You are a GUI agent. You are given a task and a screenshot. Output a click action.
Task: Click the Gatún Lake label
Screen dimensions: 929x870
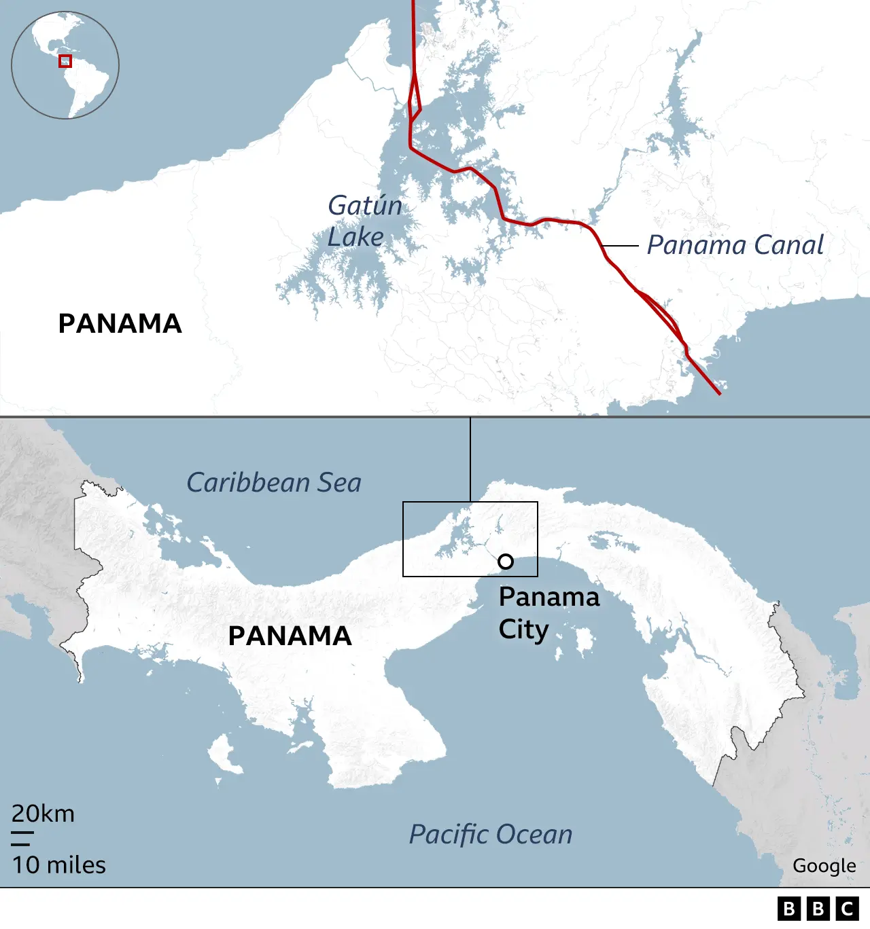coord(365,221)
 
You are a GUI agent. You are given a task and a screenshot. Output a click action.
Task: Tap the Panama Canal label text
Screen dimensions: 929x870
coord(735,245)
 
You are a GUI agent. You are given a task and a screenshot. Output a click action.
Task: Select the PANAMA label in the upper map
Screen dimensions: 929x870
coord(120,323)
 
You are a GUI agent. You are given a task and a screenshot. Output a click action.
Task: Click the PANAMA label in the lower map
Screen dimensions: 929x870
coord(290,636)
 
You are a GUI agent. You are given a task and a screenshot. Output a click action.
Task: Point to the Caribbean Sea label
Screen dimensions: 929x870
coord(274,483)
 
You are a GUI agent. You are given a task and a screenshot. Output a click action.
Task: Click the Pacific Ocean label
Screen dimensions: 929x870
coord(491,835)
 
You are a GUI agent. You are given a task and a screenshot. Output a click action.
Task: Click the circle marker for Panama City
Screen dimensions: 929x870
coord(506,562)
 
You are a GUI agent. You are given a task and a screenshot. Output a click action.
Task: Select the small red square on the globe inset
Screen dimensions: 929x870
coord(65,61)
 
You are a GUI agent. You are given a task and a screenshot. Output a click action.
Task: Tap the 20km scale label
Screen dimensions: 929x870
coord(43,814)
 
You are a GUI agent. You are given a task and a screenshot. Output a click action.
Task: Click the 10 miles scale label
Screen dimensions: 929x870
coord(59,865)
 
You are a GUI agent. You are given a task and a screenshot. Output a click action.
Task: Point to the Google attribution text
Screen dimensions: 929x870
coord(824,866)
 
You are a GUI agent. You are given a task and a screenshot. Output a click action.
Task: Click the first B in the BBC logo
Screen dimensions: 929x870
coord(789,909)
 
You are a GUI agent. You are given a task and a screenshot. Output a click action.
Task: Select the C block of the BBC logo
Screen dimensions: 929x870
coord(848,909)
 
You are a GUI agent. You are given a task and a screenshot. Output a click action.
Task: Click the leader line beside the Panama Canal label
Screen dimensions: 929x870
coord(620,245)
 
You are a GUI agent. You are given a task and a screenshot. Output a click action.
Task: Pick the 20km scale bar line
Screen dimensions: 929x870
coord(22,832)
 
